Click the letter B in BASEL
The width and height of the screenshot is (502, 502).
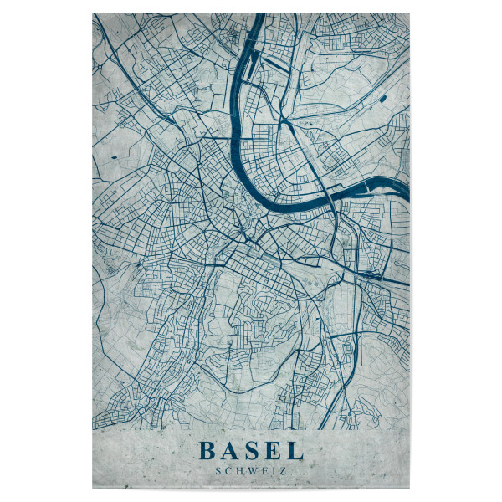click(207, 452)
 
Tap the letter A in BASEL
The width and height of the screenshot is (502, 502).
click(230, 452)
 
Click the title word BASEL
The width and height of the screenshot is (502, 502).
click(250, 452)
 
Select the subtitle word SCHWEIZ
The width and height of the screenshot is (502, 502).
click(250, 471)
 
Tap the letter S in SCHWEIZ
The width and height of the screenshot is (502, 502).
click(218, 471)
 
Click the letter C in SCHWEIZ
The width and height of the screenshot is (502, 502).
click(228, 471)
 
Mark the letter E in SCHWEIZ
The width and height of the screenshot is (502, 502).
click(264, 471)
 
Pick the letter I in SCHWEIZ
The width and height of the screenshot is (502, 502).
click(273, 471)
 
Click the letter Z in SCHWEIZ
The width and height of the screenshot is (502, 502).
click(282, 471)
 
